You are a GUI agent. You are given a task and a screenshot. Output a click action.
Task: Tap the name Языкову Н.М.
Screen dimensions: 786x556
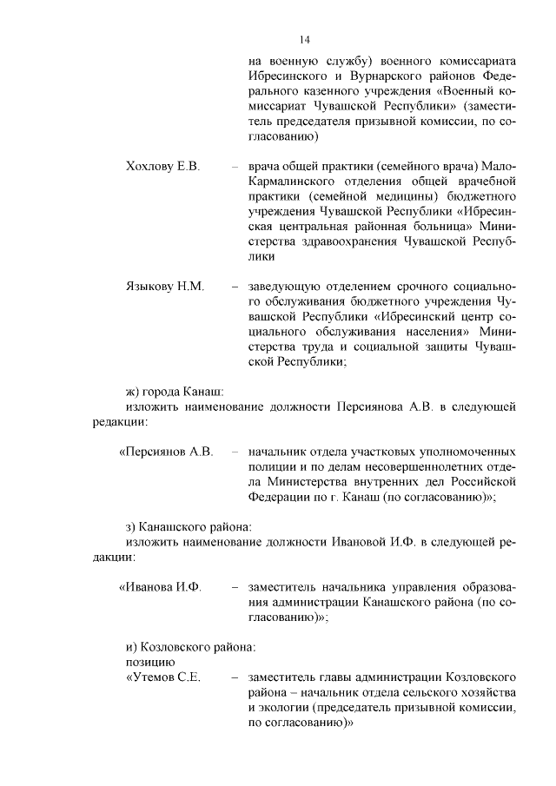pyautogui.click(x=165, y=285)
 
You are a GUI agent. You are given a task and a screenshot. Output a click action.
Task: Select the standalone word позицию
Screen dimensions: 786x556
pyautogui.click(x=151, y=662)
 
